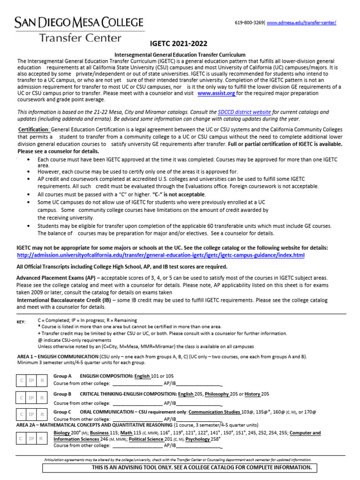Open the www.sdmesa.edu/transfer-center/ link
click(301, 23)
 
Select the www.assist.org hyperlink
click(216, 93)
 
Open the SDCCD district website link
click(244, 112)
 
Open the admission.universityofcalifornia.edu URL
click(161, 255)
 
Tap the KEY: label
click(22, 322)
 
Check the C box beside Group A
click(22, 380)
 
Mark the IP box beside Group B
click(31, 397)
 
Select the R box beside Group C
click(42, 414)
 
